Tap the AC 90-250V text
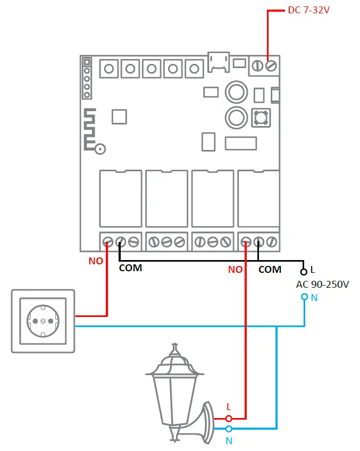coord(322,284)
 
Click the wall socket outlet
coord(43,321)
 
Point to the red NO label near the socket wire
coord(96,261)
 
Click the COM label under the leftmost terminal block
coord(130,268)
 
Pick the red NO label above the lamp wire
coord(235,270)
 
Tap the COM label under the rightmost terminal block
coord(270,270)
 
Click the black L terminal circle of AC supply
coord(304,271)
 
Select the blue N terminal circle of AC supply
coord(304,297)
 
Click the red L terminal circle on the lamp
coord(229,419)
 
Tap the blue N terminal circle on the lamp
coord(229,428)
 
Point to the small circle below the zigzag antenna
coord(99,150)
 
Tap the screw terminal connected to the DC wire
coord(271,65)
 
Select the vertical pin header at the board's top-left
coord(87,79)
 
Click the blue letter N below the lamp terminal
coord(229,440)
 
